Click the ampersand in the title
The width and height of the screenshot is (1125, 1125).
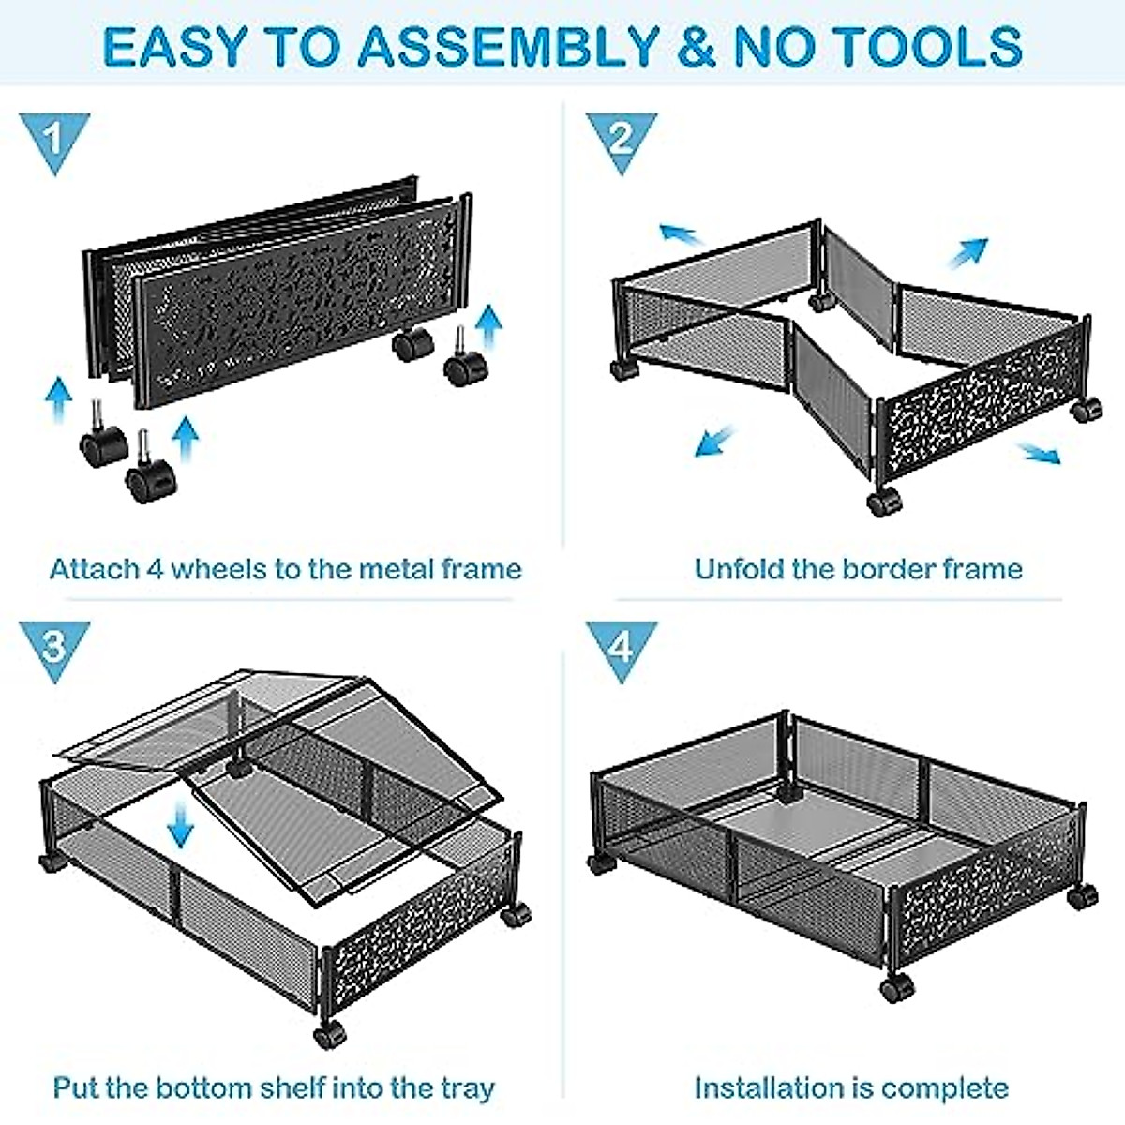click(x=697, y=45)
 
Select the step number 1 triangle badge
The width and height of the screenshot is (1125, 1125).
click(x=54, y=139)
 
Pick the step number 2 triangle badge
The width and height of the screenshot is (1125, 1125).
click(x=622, y=139)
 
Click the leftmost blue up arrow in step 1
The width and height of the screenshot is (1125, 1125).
click(x=58, y=401)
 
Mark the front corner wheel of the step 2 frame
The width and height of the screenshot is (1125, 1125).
click(x=881, y=502)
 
